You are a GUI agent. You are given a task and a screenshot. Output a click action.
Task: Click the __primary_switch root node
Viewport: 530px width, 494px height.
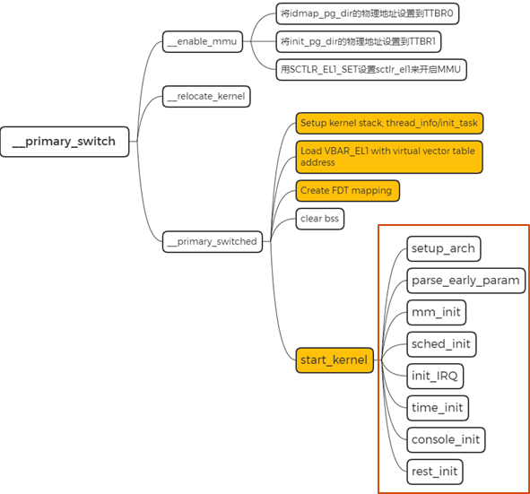tap(65, 141)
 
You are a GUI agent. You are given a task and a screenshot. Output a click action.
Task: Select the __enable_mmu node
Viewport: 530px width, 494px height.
tap(200, 41)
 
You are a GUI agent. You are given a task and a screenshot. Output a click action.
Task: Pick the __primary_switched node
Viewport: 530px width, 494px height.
tap(213, 240)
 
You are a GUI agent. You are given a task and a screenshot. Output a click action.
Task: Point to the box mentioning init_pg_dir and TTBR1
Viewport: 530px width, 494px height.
tap(359, 41)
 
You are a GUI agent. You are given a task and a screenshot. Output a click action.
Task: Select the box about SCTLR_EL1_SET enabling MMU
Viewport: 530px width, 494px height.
tap(371, 69)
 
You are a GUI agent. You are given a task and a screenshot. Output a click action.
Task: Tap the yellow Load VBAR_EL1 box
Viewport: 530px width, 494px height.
tap(388, 157)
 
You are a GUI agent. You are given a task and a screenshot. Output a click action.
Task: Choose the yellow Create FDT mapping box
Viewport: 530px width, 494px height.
tap(346, 191)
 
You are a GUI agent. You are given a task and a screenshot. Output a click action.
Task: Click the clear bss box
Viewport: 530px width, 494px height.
tap(320, 218)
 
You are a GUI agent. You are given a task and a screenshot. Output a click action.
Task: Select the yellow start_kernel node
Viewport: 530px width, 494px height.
tap(334, 360)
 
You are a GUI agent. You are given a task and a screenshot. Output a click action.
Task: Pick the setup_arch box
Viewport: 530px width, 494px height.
tap(443, 247)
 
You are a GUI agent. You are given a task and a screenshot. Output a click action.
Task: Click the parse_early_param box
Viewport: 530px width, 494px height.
tap(465, 280)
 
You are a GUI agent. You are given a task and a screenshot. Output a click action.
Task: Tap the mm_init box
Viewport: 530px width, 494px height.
tap(436, 312)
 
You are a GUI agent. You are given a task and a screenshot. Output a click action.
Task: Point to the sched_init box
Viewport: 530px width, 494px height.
tap(440, 343)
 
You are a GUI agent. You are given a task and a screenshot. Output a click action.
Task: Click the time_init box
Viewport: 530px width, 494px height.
tap(438, 408)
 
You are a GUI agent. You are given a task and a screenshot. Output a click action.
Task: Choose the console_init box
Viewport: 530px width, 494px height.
tap(446, 439)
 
